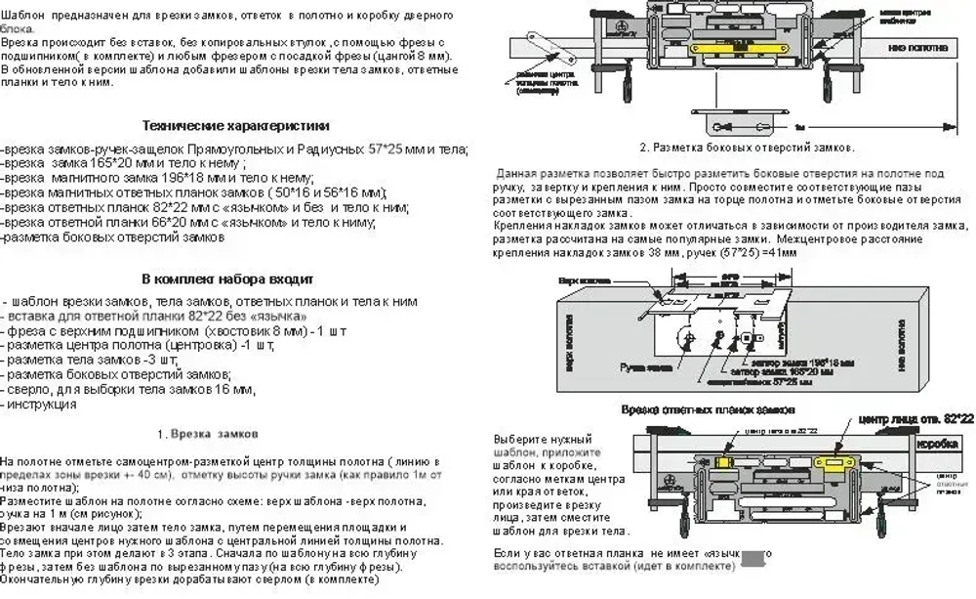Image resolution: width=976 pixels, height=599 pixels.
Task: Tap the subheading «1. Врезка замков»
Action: tap(207, 433)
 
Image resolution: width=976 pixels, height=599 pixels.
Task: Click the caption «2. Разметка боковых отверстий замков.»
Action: tap(748, 148)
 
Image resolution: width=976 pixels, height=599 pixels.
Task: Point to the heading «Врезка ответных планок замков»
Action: tap(707, 408)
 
